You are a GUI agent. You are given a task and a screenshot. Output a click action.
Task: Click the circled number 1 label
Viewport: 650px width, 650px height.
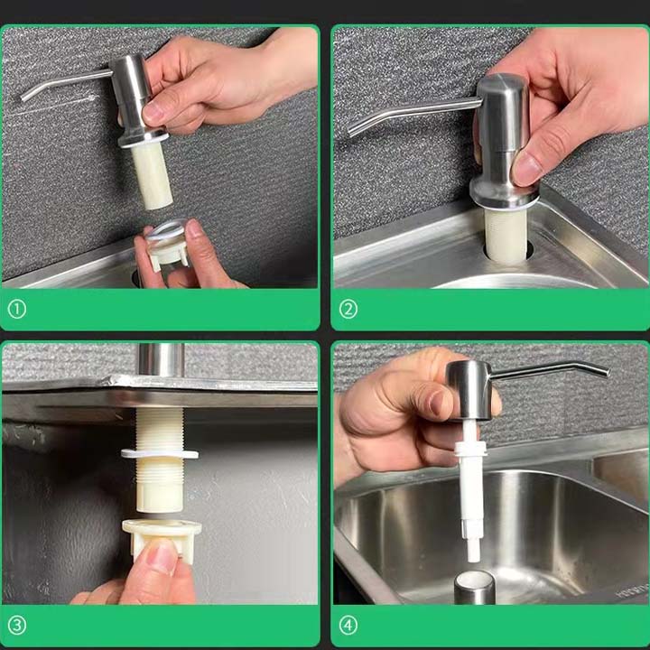point(17,310)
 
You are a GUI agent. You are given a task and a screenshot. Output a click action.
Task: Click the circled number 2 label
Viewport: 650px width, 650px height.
point(348,310)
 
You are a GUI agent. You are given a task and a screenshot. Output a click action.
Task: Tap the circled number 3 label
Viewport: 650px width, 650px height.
point(17,626)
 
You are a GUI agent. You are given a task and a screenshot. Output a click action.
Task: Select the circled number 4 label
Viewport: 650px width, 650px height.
point(348,626)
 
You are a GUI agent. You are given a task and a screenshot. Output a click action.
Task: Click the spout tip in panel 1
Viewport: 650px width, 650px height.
point(23,98)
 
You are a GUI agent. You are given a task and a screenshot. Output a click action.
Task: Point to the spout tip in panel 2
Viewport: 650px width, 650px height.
point(351,132)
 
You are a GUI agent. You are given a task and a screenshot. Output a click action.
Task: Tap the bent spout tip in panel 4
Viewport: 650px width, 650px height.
point(608,373)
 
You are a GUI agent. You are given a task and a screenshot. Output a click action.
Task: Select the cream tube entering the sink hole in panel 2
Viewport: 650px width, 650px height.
point(506,234)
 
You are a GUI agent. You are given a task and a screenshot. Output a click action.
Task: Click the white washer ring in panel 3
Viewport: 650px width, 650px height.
point(160,453)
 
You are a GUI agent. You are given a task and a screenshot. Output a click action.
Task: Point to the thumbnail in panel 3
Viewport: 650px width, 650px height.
point(162,557)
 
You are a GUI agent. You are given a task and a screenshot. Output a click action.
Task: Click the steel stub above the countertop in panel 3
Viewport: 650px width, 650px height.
point(161,360)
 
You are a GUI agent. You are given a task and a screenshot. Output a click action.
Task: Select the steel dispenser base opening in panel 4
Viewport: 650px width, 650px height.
point(475,586)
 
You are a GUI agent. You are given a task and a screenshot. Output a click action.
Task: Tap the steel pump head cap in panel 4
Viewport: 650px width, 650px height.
point(469,391)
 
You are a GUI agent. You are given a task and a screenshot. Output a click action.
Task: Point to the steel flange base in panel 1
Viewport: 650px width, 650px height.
point(144,138)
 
